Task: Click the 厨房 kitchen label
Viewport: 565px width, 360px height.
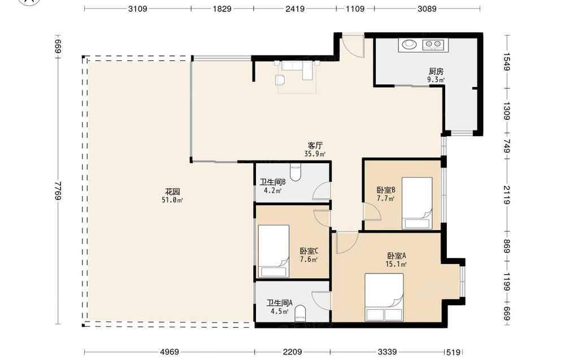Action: click(x=436, y=71)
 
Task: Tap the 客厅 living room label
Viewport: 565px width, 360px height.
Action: click(x=315, y=146)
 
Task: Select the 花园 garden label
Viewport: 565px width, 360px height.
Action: click(x=172, y=192)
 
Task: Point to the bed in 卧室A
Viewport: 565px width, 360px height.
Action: click(x=384, y=297)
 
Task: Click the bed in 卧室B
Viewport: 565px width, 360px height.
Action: click(x=418, y=203)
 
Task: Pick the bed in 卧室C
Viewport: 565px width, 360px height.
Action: click(x=273, y=251)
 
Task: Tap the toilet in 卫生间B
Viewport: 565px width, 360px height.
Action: click(x=295, y=172)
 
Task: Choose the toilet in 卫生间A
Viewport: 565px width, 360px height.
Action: click(x=300, y=313)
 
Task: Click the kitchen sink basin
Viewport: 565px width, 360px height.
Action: click(x=409, y=44)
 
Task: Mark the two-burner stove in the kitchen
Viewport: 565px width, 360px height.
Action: click(x=433, y=44)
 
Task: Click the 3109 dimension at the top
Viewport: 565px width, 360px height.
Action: click(x=138, y=8)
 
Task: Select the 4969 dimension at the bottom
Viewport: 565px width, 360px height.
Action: click(x=169, y=352)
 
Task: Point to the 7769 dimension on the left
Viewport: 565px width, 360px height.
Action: click(x=58, y=192)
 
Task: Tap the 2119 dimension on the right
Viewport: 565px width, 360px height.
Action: click(x=507, y=195)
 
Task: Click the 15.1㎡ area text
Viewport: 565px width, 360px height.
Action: click(x=396, y=264)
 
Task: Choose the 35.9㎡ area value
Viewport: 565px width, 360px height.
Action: click(x=315, y=154)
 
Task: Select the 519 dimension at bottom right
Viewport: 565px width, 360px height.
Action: click(x=453, y=352)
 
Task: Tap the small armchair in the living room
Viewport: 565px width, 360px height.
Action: click(x=280, y=80)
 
